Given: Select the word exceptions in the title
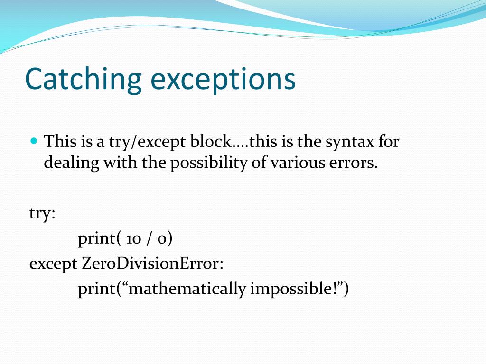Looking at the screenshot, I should point(223,79).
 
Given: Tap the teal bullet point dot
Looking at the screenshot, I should point(33,141).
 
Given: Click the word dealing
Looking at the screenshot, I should point(72,163).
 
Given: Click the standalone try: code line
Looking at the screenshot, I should point(42,214).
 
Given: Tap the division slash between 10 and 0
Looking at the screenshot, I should point(150,239).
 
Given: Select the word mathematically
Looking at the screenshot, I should point(187,289).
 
